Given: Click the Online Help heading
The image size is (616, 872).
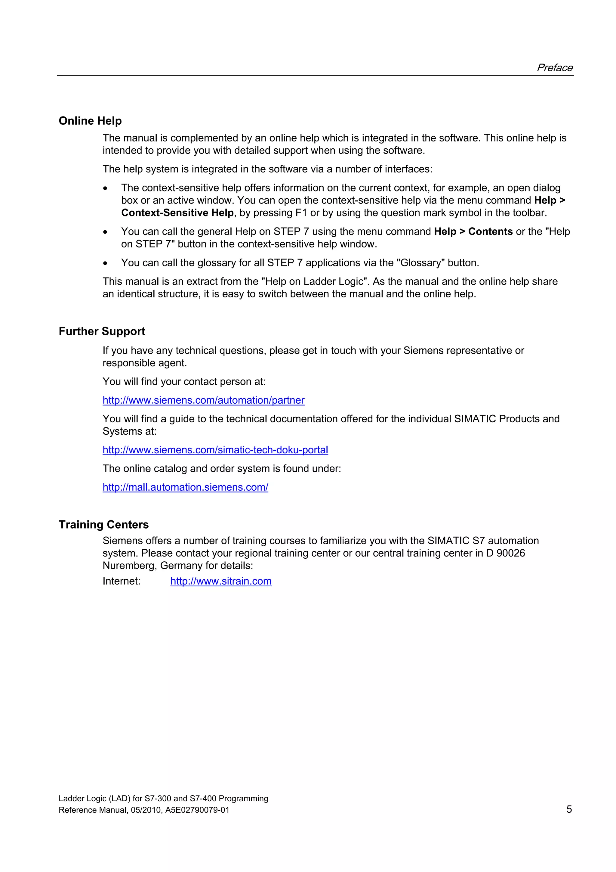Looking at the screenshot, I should [x=90, y=121].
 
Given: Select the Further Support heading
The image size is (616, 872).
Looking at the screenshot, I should [x=102, y=331].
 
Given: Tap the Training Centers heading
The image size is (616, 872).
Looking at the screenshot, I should [x=103, y=524].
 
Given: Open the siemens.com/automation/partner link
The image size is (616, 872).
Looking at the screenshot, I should [x=203, y=400].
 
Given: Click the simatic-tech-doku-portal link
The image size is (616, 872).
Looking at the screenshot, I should [x=215, y=450].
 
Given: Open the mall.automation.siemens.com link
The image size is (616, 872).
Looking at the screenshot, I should [x=185, y=487].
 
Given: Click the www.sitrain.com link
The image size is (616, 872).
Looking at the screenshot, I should [x=221, y=581].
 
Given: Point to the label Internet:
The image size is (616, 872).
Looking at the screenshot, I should [x=122, y=581].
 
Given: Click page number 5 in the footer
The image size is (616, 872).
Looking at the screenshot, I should [x=569, y=809].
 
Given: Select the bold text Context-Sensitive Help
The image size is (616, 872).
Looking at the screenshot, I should [x=177, y=213].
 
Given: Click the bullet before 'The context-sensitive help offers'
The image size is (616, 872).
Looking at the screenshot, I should [x=105, y=188].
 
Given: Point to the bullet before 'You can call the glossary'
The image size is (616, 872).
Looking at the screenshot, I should [x=105, y=263].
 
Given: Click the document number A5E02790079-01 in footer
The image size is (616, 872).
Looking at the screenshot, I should [x=197, y=810].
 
